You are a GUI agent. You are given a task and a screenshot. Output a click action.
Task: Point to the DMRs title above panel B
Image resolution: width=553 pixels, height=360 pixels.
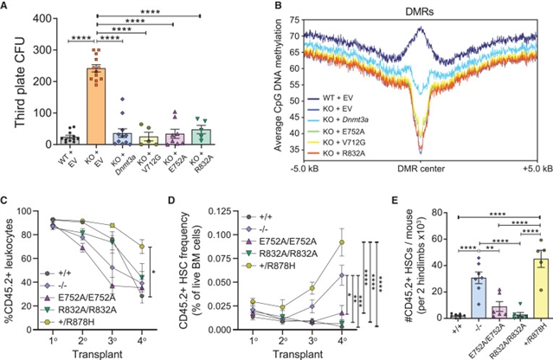406,9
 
